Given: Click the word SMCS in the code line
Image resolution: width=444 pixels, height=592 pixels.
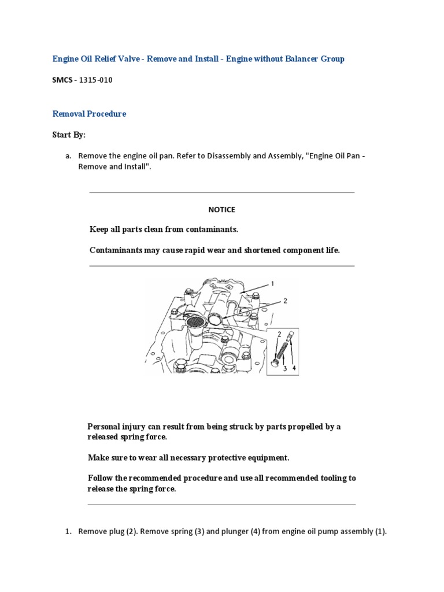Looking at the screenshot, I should [62, 80].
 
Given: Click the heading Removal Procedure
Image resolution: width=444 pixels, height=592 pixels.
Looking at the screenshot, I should [89, 114].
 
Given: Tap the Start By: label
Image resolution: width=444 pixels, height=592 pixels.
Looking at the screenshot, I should [69, 135].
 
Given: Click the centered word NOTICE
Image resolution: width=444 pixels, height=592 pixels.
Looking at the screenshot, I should [222, 209].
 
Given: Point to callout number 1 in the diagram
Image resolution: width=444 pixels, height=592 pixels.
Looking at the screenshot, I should [272, 283].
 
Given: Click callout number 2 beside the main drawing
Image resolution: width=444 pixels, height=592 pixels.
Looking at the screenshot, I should [284, 301].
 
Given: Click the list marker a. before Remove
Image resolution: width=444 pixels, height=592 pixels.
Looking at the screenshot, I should [68, 156].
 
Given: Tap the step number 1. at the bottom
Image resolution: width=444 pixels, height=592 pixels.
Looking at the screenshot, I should [68, 531].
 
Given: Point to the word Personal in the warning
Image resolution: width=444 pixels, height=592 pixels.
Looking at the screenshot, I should [105, 427].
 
